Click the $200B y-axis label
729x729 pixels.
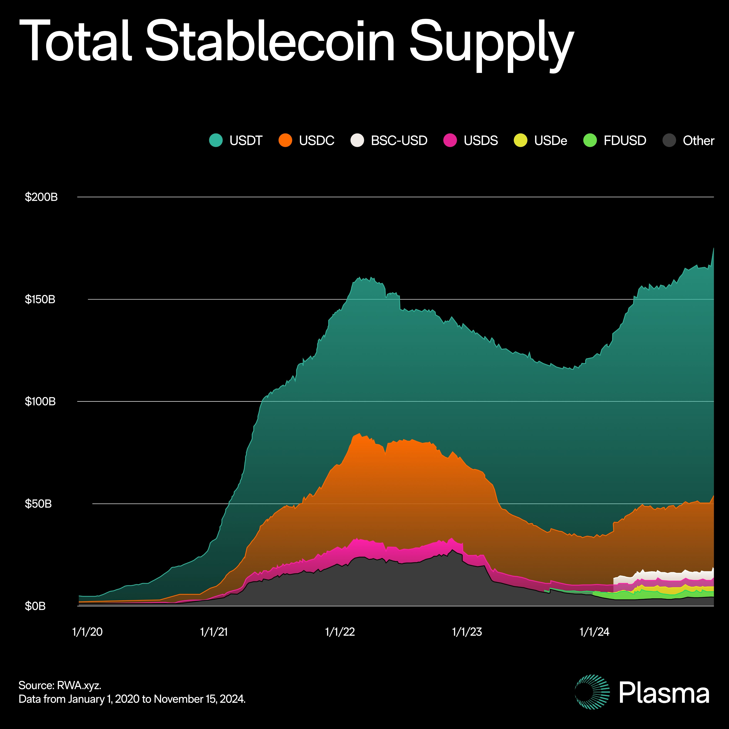coord(41,197)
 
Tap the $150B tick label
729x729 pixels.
coord(40,299)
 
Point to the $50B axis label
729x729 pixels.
coord(38,504)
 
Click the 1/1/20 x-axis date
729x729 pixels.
coord(87,632)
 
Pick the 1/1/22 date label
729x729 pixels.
coord(340,632)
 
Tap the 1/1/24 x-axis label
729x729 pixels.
coord(594,632)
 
